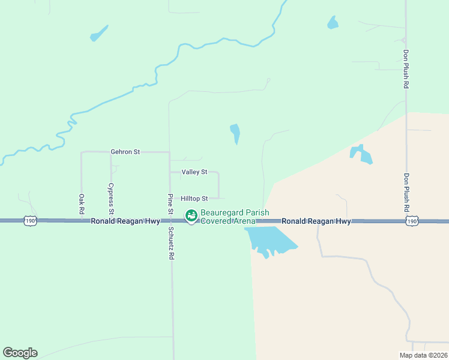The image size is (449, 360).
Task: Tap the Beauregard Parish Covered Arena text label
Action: tap(235, 217)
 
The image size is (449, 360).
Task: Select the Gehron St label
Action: tap(125, 152)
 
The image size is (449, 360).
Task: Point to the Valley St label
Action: tap(194, 172)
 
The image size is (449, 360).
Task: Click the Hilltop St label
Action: tap(194, 199)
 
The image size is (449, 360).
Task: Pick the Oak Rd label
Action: tap(82, 204)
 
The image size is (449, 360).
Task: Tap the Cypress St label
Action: tap(110, 199)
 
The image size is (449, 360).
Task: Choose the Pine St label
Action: tap(170, 205)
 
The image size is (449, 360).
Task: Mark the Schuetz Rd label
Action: tap(171, 242)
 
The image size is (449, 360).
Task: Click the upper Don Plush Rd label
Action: tap(406, 69)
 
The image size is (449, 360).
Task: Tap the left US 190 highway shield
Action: tap(29, 221)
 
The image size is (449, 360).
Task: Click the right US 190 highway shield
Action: tap(411, 221)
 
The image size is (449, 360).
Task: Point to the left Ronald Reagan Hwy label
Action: tap(125, 221)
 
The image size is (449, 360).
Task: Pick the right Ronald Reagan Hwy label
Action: tap(316, 221)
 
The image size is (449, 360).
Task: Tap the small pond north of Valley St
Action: tap(235, 133)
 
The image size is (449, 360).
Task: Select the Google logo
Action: tap(20, 353)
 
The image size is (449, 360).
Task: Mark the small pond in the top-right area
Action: tap(333, 23)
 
